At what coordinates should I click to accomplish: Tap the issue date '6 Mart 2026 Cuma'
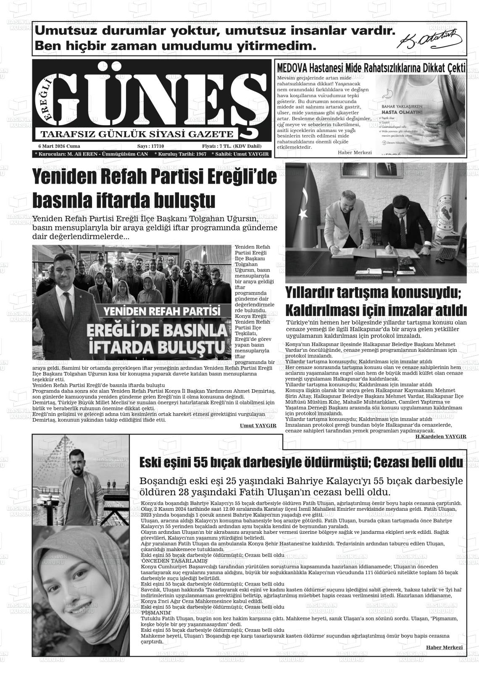tap(59, 146)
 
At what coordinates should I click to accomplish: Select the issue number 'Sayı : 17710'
tap(150, 146)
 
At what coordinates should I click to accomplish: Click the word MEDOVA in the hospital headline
tap(292, 68)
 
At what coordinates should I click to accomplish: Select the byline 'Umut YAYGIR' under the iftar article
tap(258, 426)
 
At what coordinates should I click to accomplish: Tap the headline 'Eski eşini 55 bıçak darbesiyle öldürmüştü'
tap(252, 463)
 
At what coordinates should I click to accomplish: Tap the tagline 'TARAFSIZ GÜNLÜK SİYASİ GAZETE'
tap(137, 134)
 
